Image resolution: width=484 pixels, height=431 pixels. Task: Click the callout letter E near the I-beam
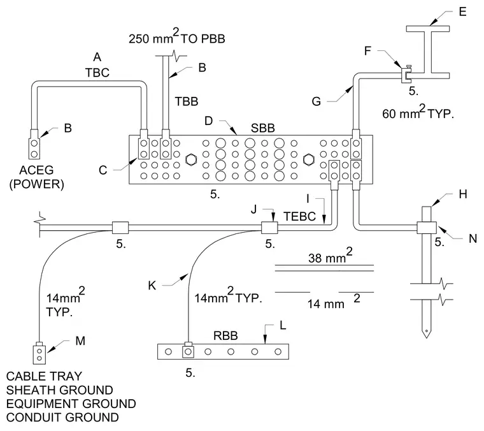click(x=462, y=11)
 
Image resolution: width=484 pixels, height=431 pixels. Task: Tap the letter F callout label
click(x=367, y=50)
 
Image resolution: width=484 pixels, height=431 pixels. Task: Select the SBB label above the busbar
click(x=262, y=128)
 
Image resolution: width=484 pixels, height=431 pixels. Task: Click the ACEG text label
click(x=36, y=170)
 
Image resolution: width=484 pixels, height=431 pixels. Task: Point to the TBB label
click(x=187, y=101)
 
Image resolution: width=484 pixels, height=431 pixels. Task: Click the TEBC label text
click(x=300, y=216)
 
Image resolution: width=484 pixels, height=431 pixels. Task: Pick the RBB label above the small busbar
click(x=225, y=335)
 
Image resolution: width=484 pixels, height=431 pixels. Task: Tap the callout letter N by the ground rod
click(x=473, y=238)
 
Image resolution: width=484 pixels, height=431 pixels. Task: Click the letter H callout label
click(x=463, y=194)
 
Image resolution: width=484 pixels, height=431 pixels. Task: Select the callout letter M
click(x=80, y=341)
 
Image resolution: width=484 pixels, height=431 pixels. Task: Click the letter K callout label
click(x=152, y=286)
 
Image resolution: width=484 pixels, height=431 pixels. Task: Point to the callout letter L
click(x=283, y=325)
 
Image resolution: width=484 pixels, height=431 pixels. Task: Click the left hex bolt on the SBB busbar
click(x=191, y=159)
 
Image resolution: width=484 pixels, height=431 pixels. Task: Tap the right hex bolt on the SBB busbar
click(x=308, y=159)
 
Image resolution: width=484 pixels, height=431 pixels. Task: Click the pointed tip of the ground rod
click(x=427, y=338)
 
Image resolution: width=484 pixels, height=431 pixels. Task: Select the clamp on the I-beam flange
click(x=406, y=75)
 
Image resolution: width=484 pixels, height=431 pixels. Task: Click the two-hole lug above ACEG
click(x=34, y=145)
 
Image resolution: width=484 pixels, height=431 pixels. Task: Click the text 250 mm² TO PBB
click(x=177, y=36)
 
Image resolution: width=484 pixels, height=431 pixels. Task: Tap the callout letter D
click(x=209, y=121)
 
